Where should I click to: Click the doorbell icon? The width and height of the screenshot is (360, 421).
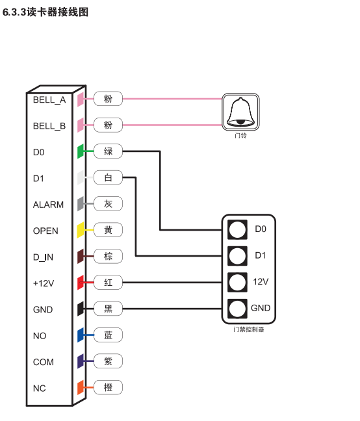coord(240,112)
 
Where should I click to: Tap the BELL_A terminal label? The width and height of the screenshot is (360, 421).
coord(49,100)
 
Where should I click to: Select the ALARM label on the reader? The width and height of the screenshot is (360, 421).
coord(48,205)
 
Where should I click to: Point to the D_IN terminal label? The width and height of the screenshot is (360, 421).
coord(43,257)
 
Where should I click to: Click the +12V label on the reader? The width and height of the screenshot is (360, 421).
coord(44,283)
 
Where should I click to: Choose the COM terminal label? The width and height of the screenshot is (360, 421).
coord(44,362)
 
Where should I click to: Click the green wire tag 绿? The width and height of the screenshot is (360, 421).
coord(108,151)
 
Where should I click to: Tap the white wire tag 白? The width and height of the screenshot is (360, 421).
coord(108,177)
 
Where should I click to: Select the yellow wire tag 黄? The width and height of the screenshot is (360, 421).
coord(108,230)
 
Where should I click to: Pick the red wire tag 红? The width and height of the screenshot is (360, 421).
coord(108,283)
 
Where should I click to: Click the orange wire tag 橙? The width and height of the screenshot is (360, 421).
coord(108,387)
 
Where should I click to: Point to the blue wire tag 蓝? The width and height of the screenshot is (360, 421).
coord(108,335)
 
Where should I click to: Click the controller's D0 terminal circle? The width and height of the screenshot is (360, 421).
coord(237,229)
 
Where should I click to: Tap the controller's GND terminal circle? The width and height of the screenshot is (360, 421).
coord(237,309)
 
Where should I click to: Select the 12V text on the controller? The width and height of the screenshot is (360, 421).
coord(261,282)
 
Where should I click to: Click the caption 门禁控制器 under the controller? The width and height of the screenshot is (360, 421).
coord(249,329)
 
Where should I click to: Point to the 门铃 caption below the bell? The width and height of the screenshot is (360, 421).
coord(240,135)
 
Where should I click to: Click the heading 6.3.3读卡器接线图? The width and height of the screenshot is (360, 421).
coord(45,12)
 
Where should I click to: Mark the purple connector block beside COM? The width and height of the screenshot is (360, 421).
coord(81,361)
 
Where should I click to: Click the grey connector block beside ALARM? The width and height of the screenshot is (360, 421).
coord(81,204)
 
